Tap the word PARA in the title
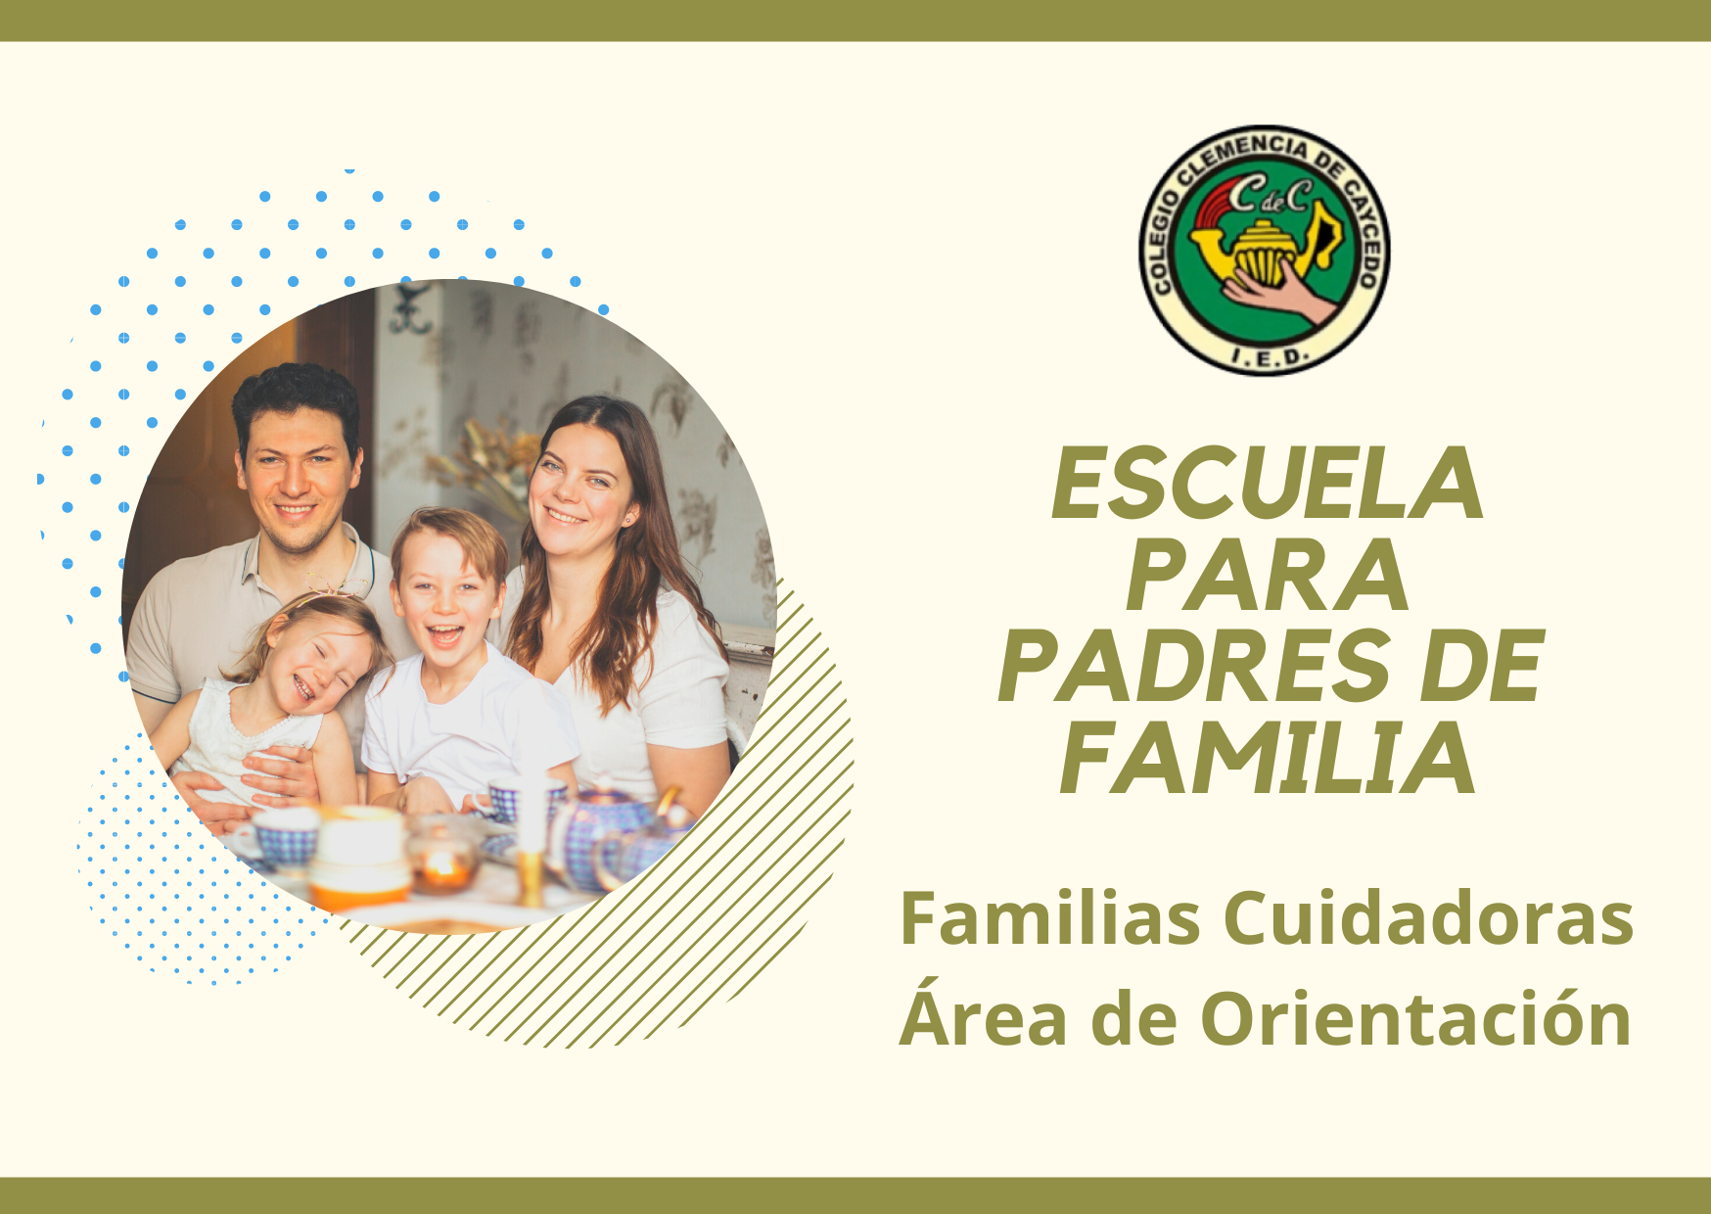click(x=1267, y=576)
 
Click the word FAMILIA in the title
click(x=1267, y=760)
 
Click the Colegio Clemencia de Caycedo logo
click(x=1264, y=250)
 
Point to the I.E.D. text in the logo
click(x=1264, y=356)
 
